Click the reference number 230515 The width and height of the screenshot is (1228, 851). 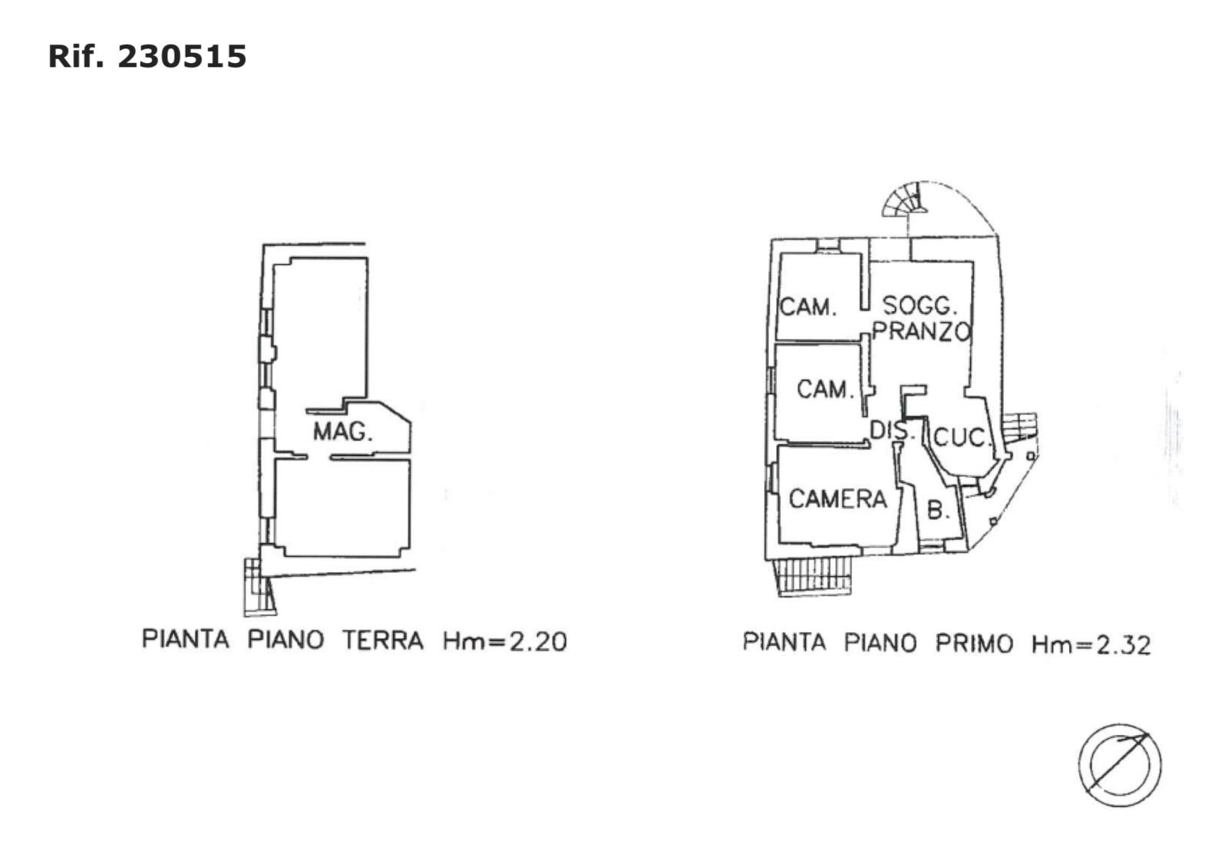(182, 57)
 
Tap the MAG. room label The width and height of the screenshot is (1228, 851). (342, 432)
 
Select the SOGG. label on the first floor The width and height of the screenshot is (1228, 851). (919, 306)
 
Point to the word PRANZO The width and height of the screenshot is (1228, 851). (922, 332)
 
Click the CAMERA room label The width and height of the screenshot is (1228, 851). (837, 499)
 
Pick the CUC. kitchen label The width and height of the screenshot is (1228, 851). (961, 438)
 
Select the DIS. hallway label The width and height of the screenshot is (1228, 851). (893, 430)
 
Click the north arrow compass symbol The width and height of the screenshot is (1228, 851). (1119, 765)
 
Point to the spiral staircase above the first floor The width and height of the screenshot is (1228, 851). (905, 200)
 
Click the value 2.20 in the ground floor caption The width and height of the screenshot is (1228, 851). (538, 641)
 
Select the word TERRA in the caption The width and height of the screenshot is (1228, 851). (382, 640)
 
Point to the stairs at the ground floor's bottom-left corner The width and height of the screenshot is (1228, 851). (258, 588)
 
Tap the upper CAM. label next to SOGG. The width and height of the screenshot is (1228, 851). (807, 307)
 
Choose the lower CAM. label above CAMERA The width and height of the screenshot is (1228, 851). (825, 389)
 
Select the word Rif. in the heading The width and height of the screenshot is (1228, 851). (75, 57)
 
